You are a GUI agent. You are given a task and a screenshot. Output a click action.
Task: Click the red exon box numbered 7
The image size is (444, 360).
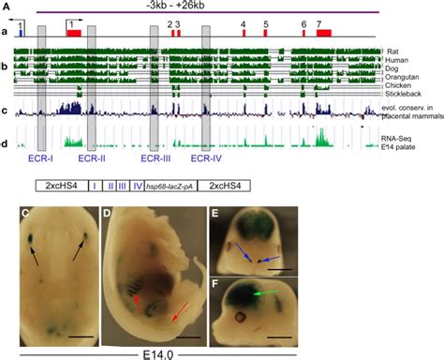[324, 33]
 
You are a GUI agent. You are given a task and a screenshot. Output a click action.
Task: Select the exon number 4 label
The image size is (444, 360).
[244, 22]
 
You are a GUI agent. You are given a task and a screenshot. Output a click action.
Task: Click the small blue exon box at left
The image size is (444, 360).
[21, 33]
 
